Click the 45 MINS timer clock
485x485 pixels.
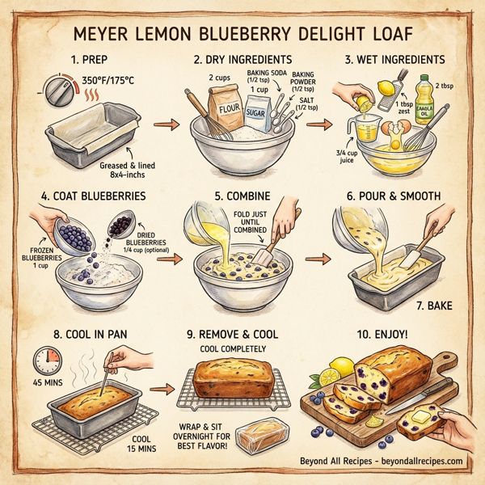tap(47, 360)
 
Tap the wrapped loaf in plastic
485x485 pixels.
tap(263, 436)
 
